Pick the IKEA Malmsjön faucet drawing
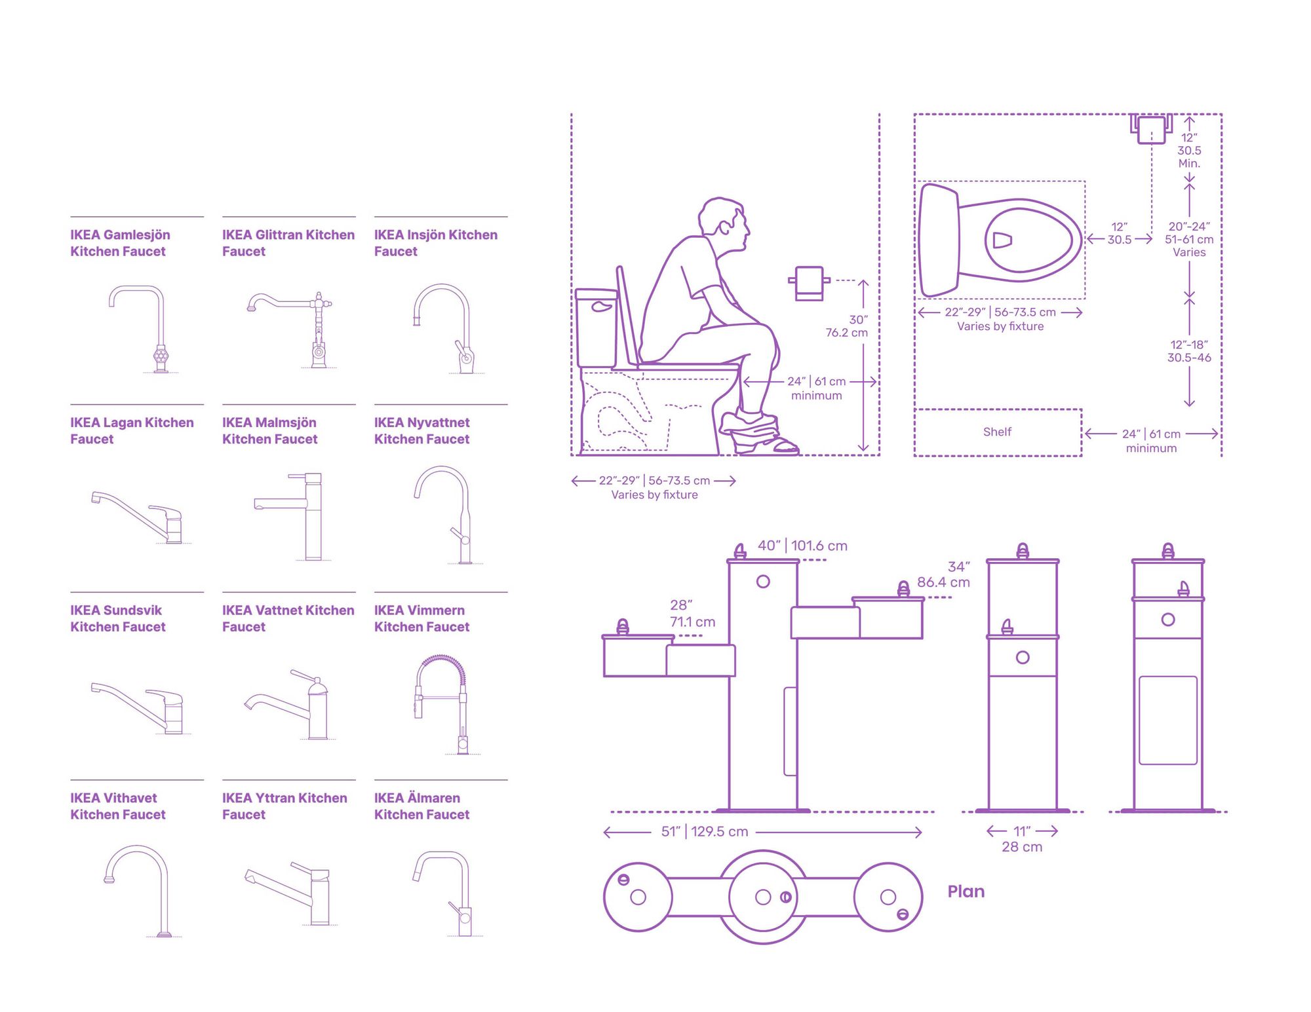point(289,516)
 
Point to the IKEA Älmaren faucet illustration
point(442,893)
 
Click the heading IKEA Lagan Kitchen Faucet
point(132,431)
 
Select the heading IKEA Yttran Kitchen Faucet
point(284,806)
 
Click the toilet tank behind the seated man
point(597,328)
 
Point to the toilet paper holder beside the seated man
point(809,283)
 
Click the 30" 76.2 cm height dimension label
point(847,326)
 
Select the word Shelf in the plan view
point(997,432)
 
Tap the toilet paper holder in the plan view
point(1151,128)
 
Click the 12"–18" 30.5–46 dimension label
point(1189,351)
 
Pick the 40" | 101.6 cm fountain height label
point(802,546)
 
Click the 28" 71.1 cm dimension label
point(692,614)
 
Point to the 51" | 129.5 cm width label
point(705,832)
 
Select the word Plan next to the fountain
point(966,891)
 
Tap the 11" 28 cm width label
point(1022,839)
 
